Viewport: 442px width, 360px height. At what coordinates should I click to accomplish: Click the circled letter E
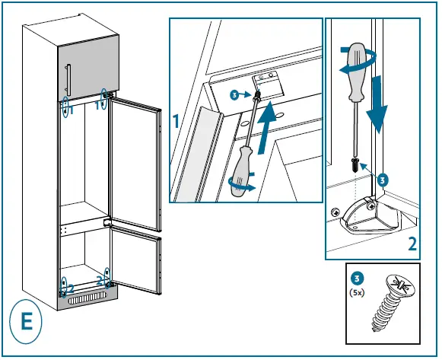tap(27, 321)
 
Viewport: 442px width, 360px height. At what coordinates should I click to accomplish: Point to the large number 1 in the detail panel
tap(176, 121)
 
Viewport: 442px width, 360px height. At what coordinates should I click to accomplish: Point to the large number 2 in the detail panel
tap(412, 244)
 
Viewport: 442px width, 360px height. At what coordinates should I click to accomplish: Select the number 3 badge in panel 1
tap(234, 95)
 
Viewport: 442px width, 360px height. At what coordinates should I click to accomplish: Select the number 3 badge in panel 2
tap(382, 180)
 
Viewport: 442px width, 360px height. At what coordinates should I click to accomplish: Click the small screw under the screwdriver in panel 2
tap(355, 164)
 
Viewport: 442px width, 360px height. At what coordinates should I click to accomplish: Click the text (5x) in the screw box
tap(355, 291)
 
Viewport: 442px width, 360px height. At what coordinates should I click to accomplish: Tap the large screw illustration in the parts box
tap(393, 300)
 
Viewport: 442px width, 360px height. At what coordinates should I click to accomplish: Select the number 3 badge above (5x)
tap(355, 278)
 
